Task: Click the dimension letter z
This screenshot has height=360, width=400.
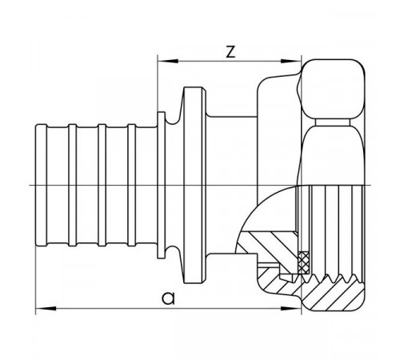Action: tap(230, 52)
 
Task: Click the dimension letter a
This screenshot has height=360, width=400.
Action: tap(169, 298)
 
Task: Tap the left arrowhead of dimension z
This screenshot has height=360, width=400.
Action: tap(168, 62)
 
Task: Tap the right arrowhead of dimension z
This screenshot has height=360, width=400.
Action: tap(291, 62)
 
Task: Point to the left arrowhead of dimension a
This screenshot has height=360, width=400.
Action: tap(46, 309)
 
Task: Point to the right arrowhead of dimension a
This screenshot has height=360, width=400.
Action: tap(291, 309)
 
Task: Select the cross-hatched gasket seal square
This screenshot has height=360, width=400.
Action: tap(303, 262)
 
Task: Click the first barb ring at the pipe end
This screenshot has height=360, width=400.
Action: tap(42, 185)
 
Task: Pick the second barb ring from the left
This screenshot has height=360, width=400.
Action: tap(73, 185)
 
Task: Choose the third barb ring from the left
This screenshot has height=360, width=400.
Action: tap(102, 185)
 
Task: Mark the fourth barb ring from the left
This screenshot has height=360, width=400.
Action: tap(132, 185)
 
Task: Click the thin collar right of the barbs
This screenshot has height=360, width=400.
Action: tap(162, 185)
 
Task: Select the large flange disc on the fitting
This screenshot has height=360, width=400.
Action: tap(194, 185)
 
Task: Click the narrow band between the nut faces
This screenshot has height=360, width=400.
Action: tap(332, 122)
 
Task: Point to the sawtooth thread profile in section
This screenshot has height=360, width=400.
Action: tap(332, 278)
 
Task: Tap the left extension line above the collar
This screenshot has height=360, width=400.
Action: tap(158, 83)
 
